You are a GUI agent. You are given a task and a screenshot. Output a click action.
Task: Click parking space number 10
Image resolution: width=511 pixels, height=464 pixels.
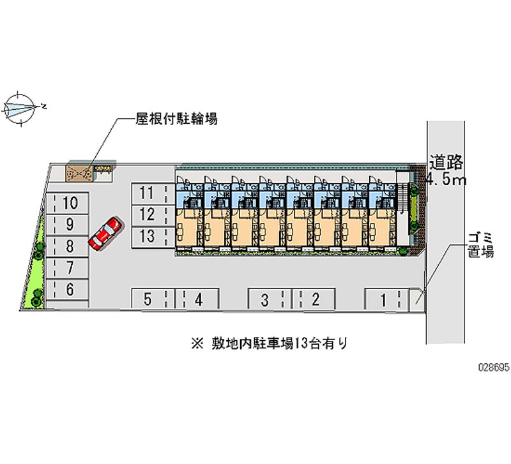pyautogui.click(x=68, y=204)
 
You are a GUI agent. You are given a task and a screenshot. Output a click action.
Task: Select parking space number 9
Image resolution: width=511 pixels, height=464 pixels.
pyautogui.click(x=68, y=225)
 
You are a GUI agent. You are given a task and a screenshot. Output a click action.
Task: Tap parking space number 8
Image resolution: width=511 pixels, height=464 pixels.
pyautogui.click(x=68, y=246)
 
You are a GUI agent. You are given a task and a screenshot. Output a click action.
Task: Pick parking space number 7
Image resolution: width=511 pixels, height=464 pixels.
pyautogui.click(x=68, y=267)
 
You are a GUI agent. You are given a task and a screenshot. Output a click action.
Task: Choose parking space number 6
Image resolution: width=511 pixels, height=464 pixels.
pyautogui.click(x=68, y=289)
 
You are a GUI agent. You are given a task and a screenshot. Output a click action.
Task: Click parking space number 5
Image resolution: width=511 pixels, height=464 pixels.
pyautogui.click(x=148, y=299)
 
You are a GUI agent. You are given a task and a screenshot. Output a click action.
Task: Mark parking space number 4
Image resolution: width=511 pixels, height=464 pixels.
pyautogui.click(x=198, y=299)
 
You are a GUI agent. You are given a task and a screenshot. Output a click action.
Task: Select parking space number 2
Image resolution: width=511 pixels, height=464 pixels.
pyautogui.click(x=314, y=299)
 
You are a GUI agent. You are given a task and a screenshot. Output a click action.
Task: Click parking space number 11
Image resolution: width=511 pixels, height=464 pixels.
pyautogui.click(x=148, y=193)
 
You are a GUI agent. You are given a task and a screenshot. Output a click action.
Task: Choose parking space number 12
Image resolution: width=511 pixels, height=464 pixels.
pyautogui.click(x=148, y=214)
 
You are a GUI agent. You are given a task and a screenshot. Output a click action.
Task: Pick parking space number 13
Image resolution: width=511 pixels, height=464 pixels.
pyautogui.click(x=148, y=236)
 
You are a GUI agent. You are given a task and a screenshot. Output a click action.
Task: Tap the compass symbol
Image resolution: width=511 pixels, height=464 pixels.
pyautogui.click(x=20, y=107)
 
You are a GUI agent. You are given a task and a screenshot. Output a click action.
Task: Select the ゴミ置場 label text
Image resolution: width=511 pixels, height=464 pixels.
pyautogui.click(x=479, y=244)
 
